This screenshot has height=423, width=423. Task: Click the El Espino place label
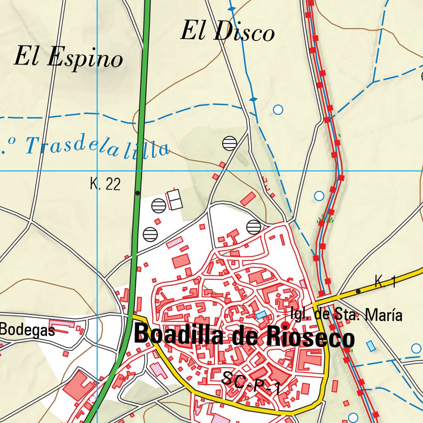(68, 57)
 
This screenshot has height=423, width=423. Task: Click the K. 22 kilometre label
(105, 184)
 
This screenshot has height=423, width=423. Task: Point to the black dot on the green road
(138, 193)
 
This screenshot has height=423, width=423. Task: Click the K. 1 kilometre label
(385, 283)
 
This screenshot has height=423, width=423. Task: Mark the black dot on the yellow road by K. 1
(358, 291)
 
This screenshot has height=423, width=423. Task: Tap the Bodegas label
(27, 330)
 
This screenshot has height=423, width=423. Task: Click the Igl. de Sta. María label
(346, 314)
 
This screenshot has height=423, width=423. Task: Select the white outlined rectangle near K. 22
(175, 200)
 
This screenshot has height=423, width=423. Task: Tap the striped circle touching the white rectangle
(159, 205)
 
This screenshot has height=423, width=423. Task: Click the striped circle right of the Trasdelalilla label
(229, 143)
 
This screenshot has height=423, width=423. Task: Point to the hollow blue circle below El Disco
(278, 109)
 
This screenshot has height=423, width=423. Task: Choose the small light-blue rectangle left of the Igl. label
(261, 315)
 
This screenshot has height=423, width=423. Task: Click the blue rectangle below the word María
(371, 346)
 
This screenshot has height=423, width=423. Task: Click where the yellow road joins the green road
(133, 316)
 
